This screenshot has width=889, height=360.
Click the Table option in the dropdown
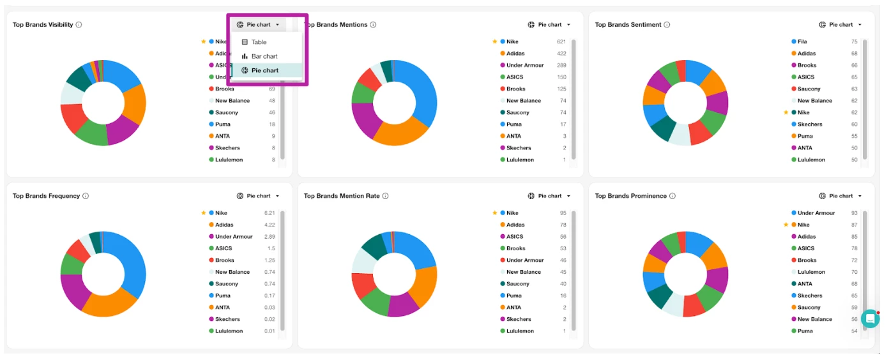click(259, 42)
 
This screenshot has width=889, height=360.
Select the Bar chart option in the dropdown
click(264, 56)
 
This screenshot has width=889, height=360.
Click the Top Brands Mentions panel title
click(337, 25)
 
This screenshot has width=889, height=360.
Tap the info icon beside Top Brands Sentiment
click(667, 25)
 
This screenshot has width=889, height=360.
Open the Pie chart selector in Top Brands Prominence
click(840, 196)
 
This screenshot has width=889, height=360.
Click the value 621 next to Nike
click(561, 41)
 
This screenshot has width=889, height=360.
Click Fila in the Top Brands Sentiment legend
click(802, 41)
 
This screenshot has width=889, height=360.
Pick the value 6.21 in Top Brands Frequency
click(270, 213)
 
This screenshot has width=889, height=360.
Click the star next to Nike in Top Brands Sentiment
click(786, 112)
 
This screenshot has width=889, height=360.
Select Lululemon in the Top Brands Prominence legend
click(811, 272)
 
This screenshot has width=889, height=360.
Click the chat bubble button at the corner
click(870, 319)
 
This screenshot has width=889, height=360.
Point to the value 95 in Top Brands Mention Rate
click(563, 213)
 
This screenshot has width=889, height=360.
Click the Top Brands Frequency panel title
click(46, 196)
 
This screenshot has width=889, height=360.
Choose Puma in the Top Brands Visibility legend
click(222, 124)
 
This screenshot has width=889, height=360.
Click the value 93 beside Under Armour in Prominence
click(854, 213)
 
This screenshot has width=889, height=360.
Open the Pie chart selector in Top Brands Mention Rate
click(549, 196)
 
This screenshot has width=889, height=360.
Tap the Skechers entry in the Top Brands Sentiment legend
click(810, 124)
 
